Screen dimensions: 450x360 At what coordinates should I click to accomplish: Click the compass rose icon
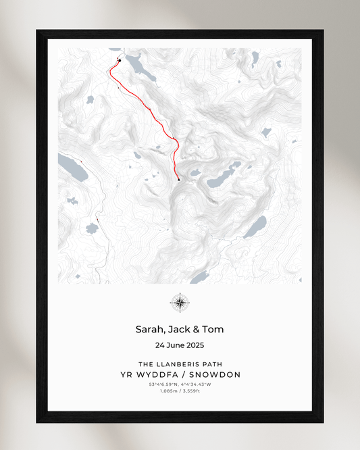tap(180, 303)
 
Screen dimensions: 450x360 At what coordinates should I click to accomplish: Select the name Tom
tap(213, 330)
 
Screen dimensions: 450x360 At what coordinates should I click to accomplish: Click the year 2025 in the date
tap(194, 345)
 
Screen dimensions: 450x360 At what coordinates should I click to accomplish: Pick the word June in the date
tap(173, 345)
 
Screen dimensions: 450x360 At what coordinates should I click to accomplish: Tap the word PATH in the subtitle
tap(212, 364)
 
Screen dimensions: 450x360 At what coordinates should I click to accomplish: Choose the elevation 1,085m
tap(170, 391)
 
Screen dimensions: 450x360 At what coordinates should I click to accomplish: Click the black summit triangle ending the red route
tap(178, 180)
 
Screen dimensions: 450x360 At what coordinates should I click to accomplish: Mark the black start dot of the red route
tap(120, 61)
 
